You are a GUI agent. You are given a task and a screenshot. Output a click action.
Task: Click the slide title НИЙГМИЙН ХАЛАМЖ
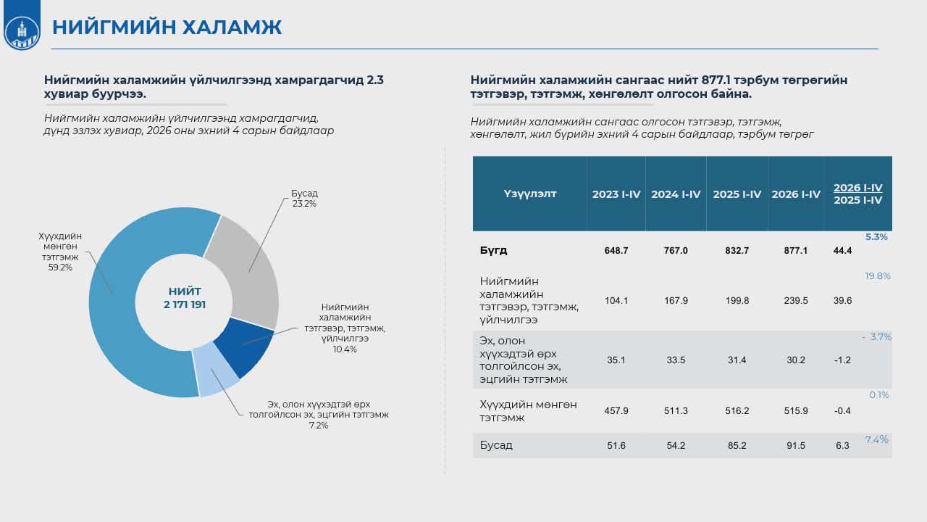[167, 28]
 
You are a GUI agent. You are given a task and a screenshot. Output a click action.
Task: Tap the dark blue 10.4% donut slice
[244, 346]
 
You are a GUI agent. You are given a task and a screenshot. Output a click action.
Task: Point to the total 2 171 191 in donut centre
[185, 304]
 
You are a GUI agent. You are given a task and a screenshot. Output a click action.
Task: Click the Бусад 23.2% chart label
[304, 199]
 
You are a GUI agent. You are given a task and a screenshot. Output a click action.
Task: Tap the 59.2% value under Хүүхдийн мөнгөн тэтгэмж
[60, 268]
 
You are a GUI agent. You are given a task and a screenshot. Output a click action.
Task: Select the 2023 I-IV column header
[616, 194]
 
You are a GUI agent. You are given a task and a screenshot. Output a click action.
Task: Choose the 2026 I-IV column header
[796, 194]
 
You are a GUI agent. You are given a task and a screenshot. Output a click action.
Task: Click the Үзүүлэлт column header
[529, 194]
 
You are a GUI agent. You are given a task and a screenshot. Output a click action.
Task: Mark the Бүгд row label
[493, 250]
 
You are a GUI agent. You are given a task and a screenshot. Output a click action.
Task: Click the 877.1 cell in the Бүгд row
[796, 251]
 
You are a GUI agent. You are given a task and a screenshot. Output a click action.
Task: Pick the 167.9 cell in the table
[676, 300]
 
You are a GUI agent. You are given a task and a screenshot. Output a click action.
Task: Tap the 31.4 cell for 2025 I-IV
[737, 360]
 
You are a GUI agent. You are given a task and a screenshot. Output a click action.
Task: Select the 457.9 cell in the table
[616, 410]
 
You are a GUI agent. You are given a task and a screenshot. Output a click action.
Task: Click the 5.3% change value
[876, 237]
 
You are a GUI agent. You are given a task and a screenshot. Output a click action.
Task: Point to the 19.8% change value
[877, 276]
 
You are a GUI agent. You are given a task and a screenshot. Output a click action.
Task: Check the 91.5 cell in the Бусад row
[796, 445]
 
